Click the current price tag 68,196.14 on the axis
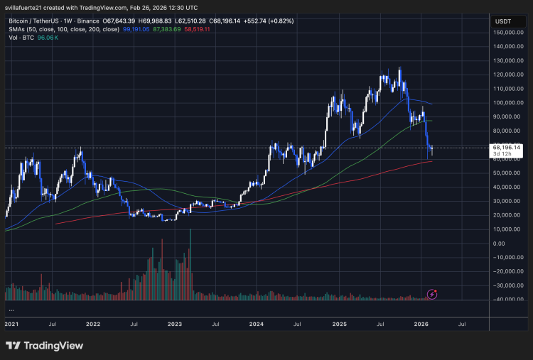[507, 148]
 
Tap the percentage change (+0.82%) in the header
[278, 21]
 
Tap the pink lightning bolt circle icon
[431, 293]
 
